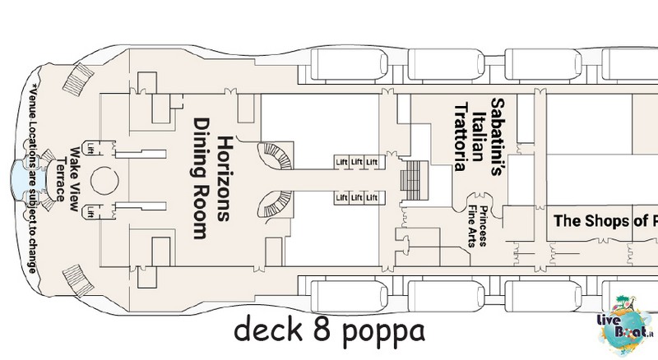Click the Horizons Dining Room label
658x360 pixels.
point(211,178)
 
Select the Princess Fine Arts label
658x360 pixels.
point(478,226)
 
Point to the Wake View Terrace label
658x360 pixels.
point(67,179)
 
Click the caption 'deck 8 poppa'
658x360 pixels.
point(329,330)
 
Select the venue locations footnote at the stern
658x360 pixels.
point(33,178)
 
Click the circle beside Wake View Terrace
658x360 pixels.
point(104,181)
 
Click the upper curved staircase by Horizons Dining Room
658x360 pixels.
point(275,156)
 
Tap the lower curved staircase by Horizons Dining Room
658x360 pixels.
point(275,204)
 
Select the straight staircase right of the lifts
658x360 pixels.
point(415,180)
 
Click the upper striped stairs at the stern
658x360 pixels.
point(78,79)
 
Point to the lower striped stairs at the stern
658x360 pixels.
point(78,281)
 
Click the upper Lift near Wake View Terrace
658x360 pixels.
point(90,149)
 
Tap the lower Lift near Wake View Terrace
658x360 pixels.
point(90,212)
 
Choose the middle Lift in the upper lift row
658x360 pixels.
point(357,162)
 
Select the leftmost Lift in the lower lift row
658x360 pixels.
point(341,197)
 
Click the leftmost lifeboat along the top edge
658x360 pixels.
point(349,64)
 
